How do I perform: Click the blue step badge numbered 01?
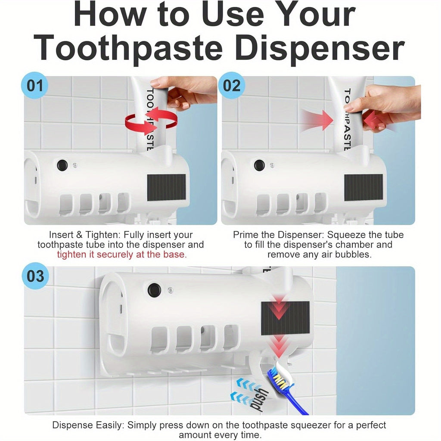click(34, 86)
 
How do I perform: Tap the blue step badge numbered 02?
click(231, 86)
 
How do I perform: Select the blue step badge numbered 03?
click(35, 276)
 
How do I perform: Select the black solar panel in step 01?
click(167, 187)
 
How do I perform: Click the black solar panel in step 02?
click(363, 187)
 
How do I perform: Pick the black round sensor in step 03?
click(155, 290)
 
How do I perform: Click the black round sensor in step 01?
click(62, 165)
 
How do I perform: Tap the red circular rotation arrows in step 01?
click(151, 121)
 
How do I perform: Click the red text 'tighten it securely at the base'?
click(122, 255)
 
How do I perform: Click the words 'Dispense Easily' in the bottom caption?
click(88, 425)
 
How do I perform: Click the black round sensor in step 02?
click(259, 165)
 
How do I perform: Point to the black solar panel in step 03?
click(286, 318)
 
